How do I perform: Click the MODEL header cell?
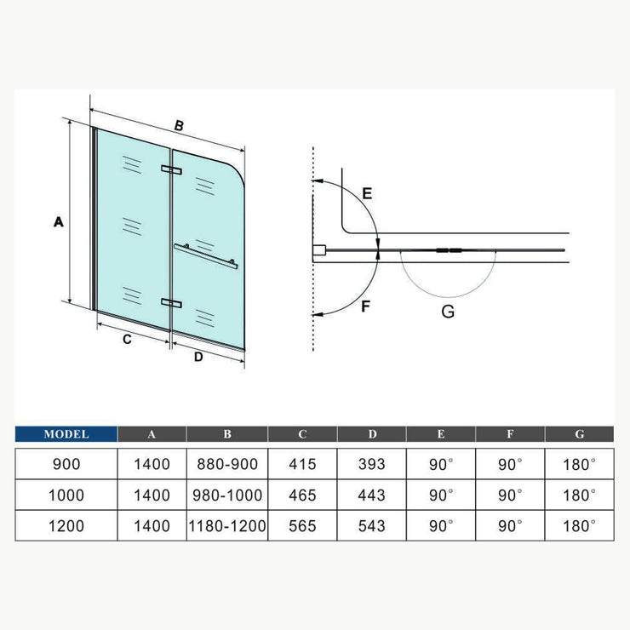(66, 434)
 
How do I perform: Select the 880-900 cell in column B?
(227, 464)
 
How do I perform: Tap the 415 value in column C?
(302, 464)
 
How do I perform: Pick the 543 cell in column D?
(372, 525)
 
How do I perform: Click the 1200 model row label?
(66, 525)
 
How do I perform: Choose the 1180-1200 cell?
(227, 525)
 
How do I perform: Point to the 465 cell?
(302, 495)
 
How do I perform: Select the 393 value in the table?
(372, 464)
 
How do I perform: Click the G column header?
(580, 434)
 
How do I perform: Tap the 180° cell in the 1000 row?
(580, 495)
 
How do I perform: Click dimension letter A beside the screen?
(59, 221)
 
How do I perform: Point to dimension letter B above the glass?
(179, 125)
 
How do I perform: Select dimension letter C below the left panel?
(127, 340)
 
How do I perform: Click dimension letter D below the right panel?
(198, 357)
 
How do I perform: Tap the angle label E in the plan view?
(367, 193)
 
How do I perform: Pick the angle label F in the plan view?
(365, 306)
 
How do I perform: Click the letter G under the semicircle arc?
(448, 312)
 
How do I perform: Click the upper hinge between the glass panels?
(172, 169)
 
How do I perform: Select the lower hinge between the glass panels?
(172, 303)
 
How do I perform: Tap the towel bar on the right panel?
(206, 255)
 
